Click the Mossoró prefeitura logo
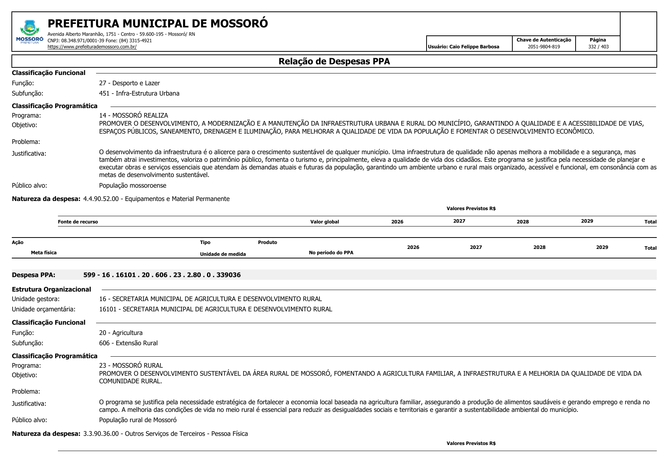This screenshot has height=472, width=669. (29, 32)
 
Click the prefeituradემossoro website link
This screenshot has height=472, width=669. (92, 47)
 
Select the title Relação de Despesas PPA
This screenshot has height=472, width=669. (334, 61)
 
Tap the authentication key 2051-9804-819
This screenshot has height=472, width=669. (544, 47)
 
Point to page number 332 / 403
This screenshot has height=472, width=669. (598, 47)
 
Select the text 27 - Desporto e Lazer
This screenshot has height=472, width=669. (129, 83)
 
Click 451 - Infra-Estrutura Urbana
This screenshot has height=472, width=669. (139, 93)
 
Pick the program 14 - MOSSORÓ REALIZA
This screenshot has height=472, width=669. (133, 115)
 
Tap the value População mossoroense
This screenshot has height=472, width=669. (133, 186)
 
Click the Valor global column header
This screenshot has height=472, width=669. (324, 222)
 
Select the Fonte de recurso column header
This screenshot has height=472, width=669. (78, 222)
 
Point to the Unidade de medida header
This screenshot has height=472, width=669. (223, 254)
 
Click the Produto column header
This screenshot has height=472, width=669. (267, 242)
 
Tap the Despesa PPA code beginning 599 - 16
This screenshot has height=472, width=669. (162, 275)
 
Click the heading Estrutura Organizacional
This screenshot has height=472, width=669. (51, 289)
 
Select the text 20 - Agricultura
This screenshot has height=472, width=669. (121, 333)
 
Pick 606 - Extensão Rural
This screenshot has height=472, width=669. (128, 343)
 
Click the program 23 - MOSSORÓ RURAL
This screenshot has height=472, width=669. (131, 365)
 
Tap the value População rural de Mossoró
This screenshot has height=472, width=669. (138, 420)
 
